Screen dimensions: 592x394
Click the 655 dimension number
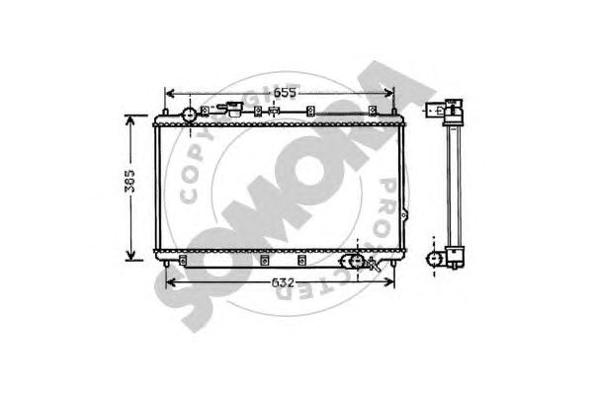pyautogui.click(x=285, y=93)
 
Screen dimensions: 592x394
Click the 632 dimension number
pyautogui.click(x=283, y=282)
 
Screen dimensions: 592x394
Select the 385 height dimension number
pyautogui.click(x=129, y=181)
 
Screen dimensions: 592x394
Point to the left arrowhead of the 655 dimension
pyautogui.click(x=170, y=93)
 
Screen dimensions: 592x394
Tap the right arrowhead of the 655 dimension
pyautogui.click(x=388, y=93)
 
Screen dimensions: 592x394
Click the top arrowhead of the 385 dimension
pyautogui.click(x=130, y=120)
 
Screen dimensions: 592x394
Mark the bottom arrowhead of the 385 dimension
pyautogui.click(x=130, y=255)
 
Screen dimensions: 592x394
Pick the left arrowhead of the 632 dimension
pyautogui.click(x=171, y=282)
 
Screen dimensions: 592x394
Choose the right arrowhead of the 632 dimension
pyautogui.click(x=388, y=281)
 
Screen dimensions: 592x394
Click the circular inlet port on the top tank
pyautogui.click(x=189, y=115)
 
